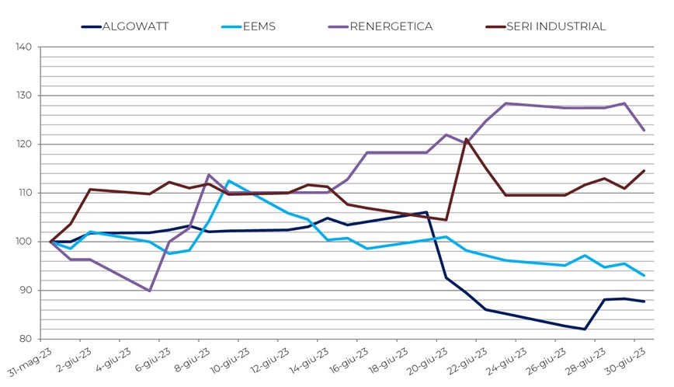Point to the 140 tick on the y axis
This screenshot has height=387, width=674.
tap(23, 47)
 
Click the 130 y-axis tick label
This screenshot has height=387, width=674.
tap(23, 96)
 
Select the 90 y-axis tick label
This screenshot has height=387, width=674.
tap(25, 291)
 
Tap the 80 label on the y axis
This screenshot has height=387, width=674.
tap(25, 339)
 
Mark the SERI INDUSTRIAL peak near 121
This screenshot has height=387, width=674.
tap(467, 139)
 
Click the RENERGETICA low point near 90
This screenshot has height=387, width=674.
tap(150, 291)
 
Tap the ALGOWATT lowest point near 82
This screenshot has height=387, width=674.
tap(585, 329)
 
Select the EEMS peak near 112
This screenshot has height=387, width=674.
tap(229, 181)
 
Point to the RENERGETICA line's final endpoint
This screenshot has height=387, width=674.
tap(644, 131)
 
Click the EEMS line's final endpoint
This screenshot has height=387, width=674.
tap(644, 275)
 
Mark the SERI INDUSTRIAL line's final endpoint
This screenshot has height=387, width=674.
tap(644, 171)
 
